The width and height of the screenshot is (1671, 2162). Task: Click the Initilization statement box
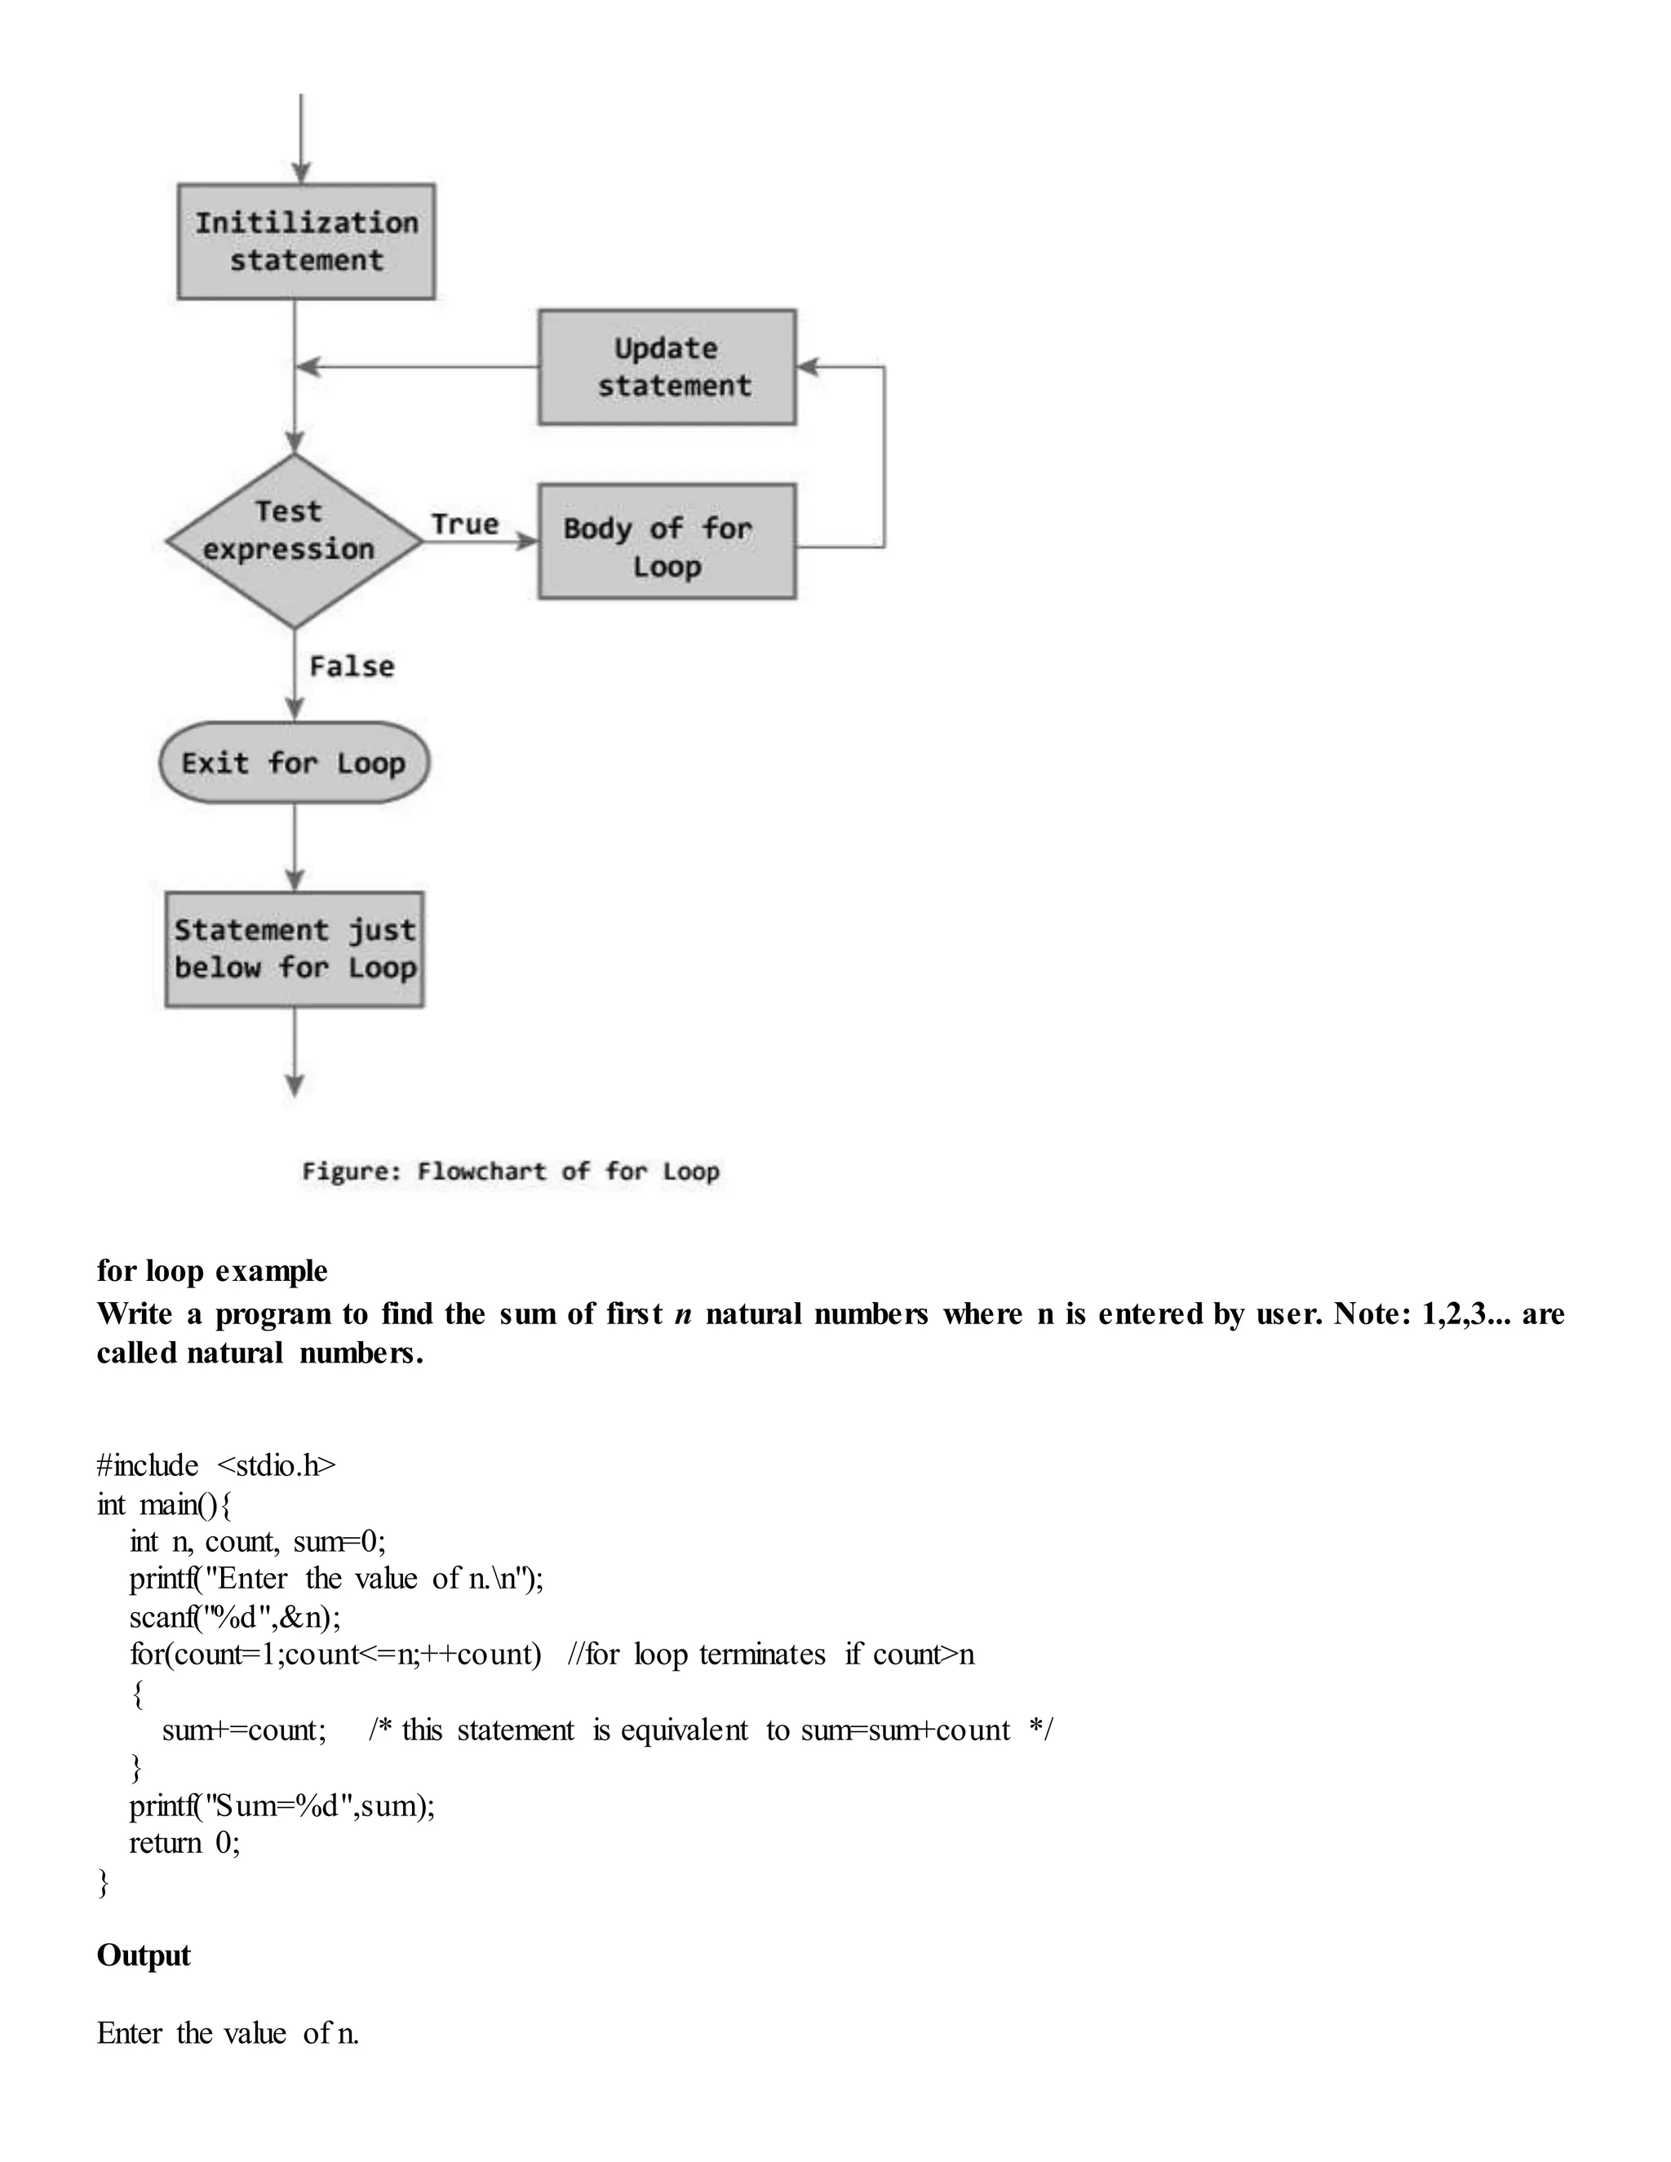coord(306,241)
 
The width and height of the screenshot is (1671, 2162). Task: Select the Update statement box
coord(667,367)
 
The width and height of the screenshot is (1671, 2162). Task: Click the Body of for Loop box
coord(667,542)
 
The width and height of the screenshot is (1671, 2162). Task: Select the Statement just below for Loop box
coord(294,950)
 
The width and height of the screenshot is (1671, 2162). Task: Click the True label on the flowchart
coord(464,525)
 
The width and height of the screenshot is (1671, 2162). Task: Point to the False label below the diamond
coord(352,667)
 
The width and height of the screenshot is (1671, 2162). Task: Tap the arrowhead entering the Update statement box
coord(807,367)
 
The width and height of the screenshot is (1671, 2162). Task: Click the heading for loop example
coord(212,1271)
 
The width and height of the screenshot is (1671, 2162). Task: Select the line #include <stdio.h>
coord(215,1465)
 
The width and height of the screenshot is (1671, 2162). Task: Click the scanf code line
coord(235,1618)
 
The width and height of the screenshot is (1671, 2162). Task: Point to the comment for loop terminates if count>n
coord(771,1655)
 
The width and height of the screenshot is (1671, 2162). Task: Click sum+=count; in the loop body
coord(243,1730)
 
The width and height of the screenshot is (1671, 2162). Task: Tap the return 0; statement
coord(184,1843)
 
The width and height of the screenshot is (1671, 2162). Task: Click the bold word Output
coord(144,1956)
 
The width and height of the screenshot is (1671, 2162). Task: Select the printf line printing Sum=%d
coord(282,1805)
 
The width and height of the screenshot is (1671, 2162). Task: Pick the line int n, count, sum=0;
coord(257,1541)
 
